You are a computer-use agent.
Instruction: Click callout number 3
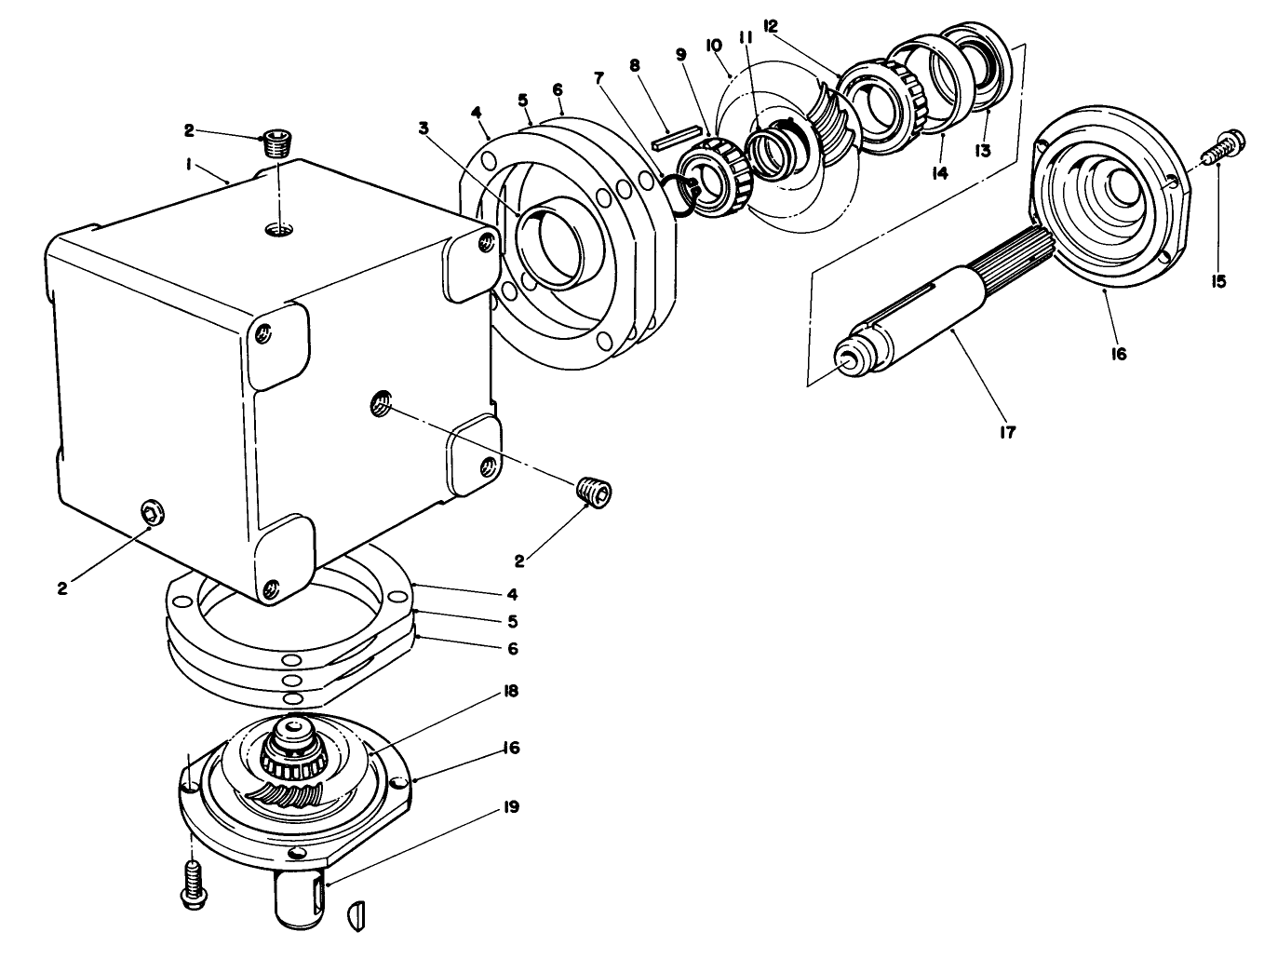point(424,128)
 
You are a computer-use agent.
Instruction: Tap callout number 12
point(770,27)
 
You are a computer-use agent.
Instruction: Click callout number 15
point(1219,280)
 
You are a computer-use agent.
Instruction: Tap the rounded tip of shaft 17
point(848,360)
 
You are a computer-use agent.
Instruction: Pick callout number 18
point(511,692)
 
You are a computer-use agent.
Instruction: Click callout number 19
point(511,807)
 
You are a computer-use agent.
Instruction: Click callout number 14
point(941,173)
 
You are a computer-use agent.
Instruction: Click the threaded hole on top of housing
point(276,228)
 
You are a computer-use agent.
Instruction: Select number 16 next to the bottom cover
point(511,749)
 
